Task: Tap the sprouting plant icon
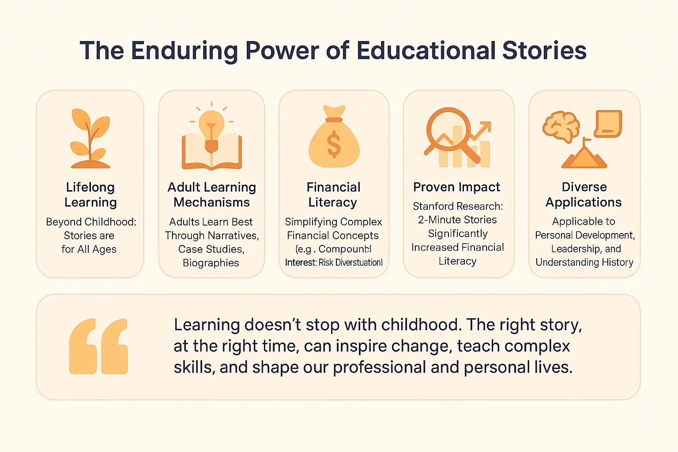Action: [x=90, y=138]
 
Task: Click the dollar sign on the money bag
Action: [x=334, y=144]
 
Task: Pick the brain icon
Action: [x=561, y=126]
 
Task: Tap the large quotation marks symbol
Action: [x=98, y=347]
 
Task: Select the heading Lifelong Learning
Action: [x=90, y=195]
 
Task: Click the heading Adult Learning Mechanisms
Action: [x=211, y=195]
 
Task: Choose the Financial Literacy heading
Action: [x=333, y=195]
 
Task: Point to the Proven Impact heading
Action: [x=456, y=187]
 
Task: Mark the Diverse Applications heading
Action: [x=584, y=195]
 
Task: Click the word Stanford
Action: [x=433, y=206]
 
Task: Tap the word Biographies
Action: [x=211, y=263]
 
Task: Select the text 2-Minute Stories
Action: [x=457, y=220]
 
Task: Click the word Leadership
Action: [x=575, y=249]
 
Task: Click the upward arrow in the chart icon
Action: [x=482, y=128]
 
